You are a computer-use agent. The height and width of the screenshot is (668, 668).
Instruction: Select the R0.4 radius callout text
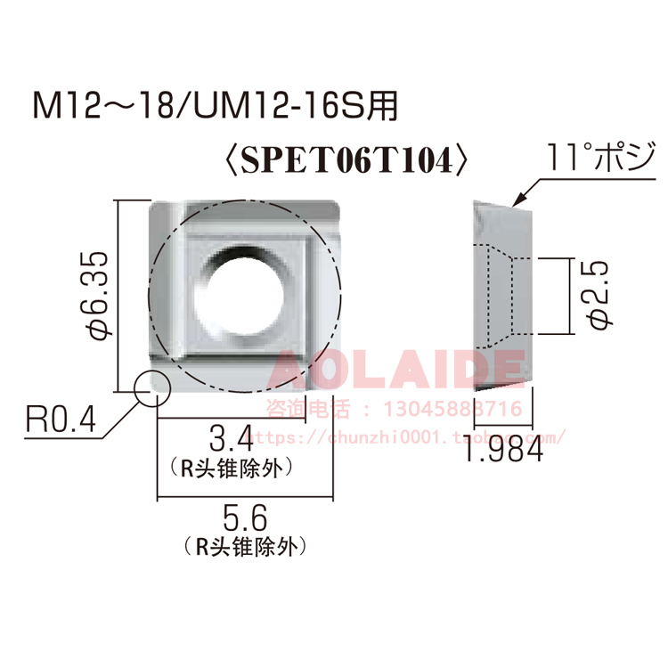[60, 420]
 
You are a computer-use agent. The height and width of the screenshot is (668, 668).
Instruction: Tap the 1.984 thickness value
[503, 453]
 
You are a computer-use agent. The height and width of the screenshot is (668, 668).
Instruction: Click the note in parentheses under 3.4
[231, 465]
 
